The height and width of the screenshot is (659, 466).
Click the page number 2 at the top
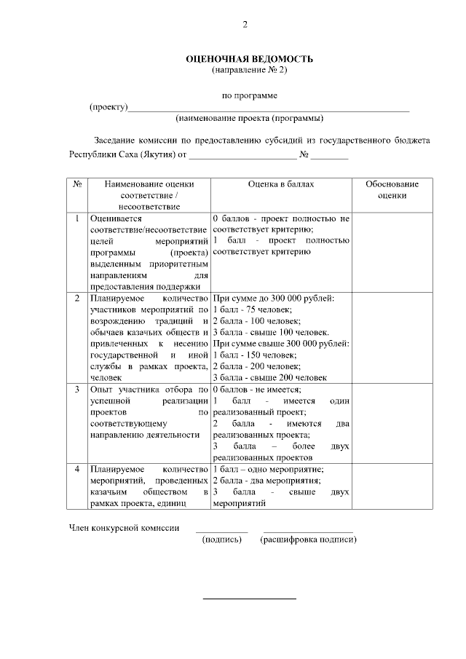tap(245, 26)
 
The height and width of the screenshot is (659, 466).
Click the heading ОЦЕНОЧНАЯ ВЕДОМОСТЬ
tap(250, 58)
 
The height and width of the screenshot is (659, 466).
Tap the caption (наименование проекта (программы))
tap(250, 118)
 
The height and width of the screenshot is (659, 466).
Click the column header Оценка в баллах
tap(281, 184)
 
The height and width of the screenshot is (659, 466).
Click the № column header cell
tap(77, 184)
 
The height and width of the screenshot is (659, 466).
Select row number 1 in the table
tap(77, 218)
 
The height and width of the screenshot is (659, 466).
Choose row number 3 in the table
tap(77, 390)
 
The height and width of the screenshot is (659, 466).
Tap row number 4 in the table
tap(77, 470)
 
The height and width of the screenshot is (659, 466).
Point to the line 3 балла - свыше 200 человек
tap(270, 377)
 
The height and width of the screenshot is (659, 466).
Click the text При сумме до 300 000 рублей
tap(274, 299)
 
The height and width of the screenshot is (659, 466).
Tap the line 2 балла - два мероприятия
tap(266, 481)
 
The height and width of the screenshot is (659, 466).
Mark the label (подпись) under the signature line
tap(221, 540)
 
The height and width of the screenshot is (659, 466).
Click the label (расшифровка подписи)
tap(308, 540)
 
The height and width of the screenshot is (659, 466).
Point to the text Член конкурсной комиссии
tap(124, 527)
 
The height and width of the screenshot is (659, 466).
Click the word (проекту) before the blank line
tap(108, 107)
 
